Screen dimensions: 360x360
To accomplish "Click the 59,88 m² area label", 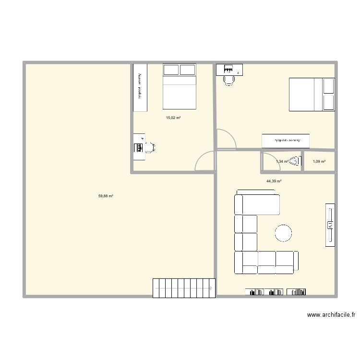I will coord(106,196).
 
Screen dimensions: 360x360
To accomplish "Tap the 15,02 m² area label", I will coord(173,118).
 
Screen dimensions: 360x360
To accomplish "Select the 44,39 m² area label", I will coord(274,181).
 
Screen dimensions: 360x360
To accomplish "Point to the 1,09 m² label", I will coord(319,162).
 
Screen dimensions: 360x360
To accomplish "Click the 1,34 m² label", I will coord(282,162).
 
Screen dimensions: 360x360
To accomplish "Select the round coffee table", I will coord(283,233).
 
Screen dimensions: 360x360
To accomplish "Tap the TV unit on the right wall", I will coord(330,225).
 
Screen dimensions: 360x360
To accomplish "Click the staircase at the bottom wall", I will coord(183,288).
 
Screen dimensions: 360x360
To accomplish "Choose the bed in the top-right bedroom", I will coord(311,94).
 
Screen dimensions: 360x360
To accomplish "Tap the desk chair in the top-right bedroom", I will coord(229,80).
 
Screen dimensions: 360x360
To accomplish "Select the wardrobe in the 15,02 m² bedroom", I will coord(140,87).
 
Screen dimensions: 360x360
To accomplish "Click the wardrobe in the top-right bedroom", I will coord(286,141).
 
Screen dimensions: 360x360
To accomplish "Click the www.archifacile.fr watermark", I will coord(331,315).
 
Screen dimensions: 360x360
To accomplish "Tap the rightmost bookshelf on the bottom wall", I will coord(298,291).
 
